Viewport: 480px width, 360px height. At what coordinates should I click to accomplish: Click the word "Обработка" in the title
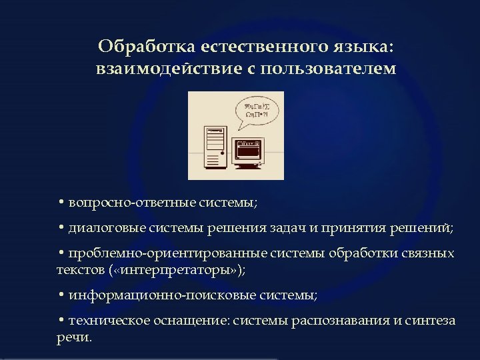pyautogui.click(x=138, y=47)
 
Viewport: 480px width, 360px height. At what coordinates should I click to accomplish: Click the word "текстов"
pyautogui.click(x=79, y=269)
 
